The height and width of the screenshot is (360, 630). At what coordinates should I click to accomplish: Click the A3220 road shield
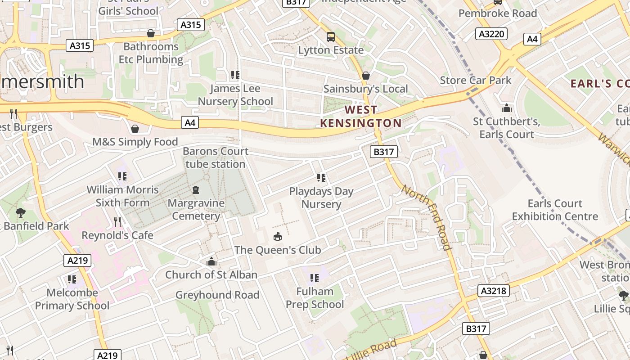tap(491, 34)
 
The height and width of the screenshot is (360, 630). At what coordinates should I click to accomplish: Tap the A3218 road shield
tap(494, 291)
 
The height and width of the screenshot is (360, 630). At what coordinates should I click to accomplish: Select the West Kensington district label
tap(361, 116)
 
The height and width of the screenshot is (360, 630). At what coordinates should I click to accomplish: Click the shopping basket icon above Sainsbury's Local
tap(366, 76)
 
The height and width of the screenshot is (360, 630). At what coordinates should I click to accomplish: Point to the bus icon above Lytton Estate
tap(331, 36)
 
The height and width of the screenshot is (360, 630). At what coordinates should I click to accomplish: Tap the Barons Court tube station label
tap(216, 157)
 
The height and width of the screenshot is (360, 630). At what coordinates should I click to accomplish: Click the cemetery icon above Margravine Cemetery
tap(196, 190)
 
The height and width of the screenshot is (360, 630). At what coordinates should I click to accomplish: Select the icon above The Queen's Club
tap(278, 236)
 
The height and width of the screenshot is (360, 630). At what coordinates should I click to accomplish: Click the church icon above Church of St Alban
tap(211, 261)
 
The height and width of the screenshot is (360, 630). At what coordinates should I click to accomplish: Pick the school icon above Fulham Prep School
tap(315, 278)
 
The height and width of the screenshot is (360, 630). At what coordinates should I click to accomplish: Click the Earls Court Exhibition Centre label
tap(555, 210)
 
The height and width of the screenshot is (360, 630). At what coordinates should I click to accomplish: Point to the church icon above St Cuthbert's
tap(507, 108)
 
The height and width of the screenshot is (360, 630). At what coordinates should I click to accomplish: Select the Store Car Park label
tap(476, 81)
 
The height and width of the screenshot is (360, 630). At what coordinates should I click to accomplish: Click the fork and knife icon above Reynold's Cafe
tap(117, 222)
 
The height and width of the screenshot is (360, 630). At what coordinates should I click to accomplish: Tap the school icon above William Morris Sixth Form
tap(122, 176)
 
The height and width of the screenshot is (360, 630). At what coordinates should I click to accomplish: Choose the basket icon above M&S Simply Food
tap(135, 129)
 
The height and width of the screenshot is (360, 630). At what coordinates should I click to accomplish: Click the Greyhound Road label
tap(217, 295)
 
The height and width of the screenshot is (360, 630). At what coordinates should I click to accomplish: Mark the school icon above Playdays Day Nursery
tap(321, 178)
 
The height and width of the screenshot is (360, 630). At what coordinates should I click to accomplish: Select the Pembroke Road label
tap(498, 13)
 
